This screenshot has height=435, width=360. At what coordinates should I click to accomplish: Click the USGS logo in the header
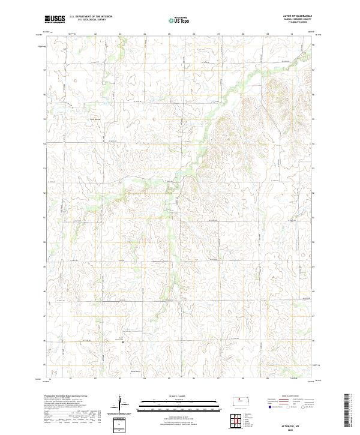tap(55, 20)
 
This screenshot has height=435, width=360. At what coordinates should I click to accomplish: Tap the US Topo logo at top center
tap(179, 20)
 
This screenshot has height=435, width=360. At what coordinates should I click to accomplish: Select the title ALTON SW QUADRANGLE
tap(301, 16)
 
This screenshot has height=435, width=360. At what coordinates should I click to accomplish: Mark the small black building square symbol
tap(124, 343)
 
